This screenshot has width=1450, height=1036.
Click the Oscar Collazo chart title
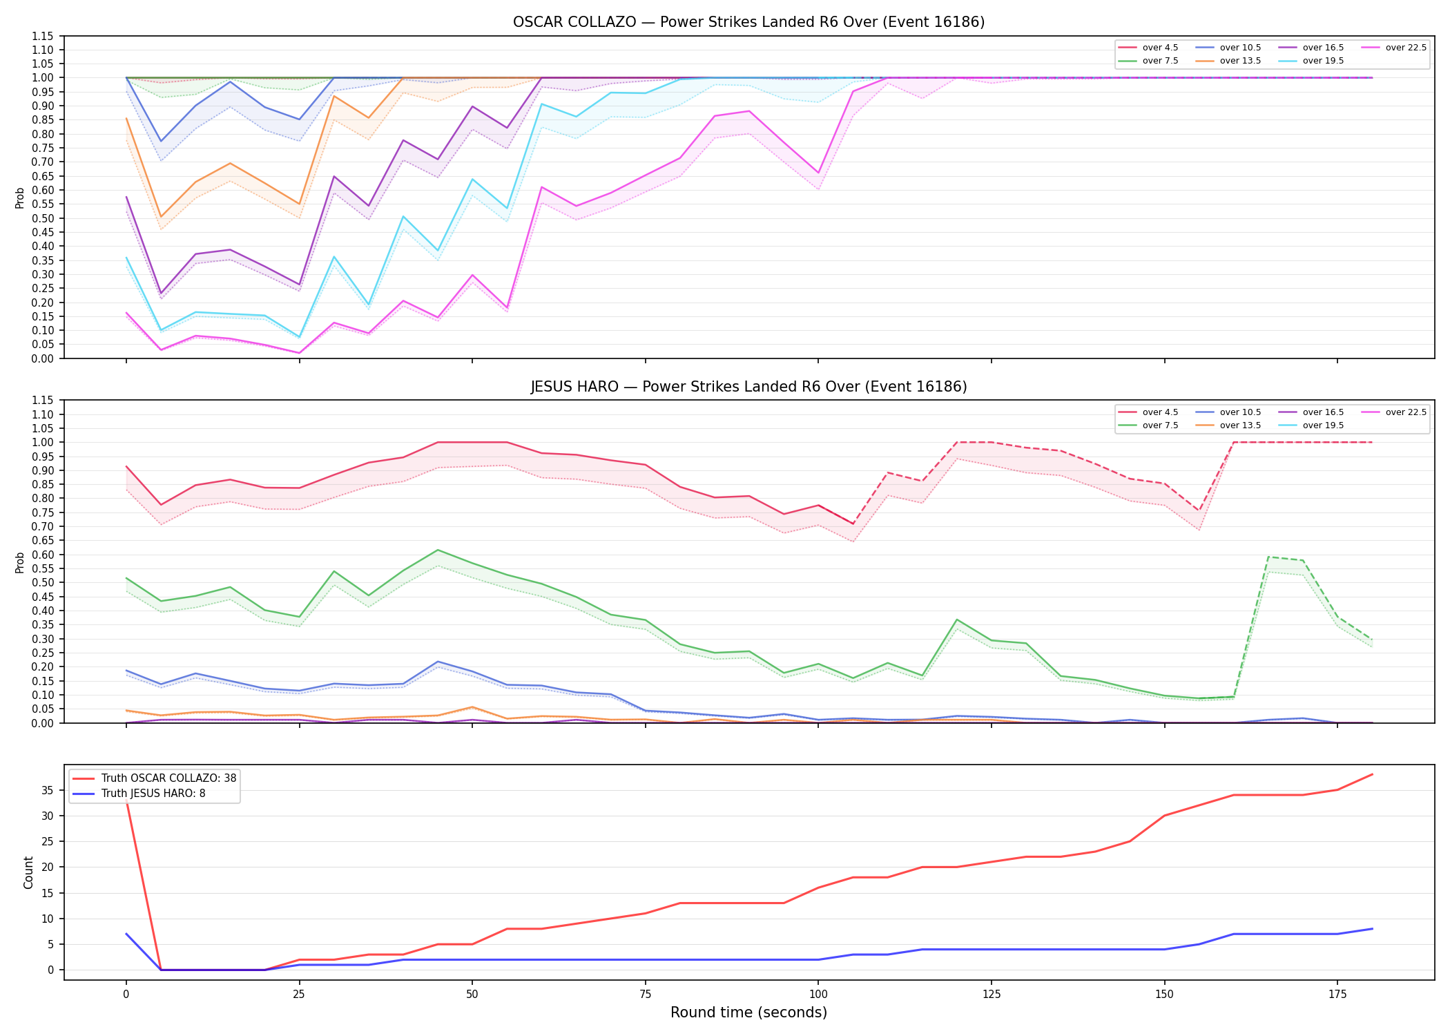(x=748, y=22)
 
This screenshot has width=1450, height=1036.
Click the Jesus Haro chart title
(x=748, y=387)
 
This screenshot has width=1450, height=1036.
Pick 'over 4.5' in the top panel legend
(x=1160, y=48)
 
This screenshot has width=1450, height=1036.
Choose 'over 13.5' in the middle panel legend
(x=1240, y=425)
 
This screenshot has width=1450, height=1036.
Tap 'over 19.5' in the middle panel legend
(x=1323, y=425)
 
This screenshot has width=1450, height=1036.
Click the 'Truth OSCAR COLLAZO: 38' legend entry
(x=168, y=778)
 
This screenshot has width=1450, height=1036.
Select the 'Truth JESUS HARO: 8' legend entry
(x=153, y=794)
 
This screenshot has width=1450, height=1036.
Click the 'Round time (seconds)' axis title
(x=748, y=1013)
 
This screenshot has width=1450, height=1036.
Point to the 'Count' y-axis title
(x=28, y=872)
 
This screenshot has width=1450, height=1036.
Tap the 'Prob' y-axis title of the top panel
(x=20, y=198)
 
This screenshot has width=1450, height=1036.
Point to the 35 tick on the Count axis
(x=48, y=790)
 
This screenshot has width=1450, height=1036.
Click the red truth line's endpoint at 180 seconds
(x=1372, y=774)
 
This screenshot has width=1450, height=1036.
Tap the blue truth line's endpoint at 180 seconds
(x=1372, y=929)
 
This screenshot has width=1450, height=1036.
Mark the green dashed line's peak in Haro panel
(x=1268, y=557)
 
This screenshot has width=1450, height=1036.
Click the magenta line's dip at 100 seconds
(x=818, y=173)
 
